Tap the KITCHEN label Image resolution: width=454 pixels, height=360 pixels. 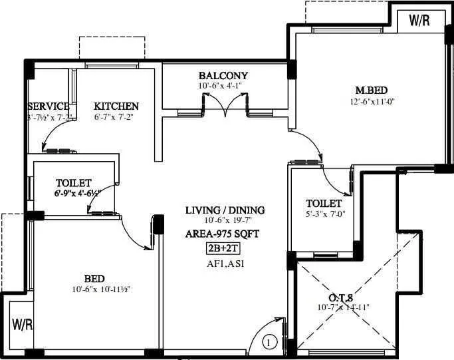116,106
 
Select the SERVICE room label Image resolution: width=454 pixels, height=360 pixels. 49,106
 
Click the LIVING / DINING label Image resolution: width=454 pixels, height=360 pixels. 225,210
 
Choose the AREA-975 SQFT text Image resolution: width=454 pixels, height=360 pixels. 223,234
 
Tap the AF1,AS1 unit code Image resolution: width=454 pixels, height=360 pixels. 224,264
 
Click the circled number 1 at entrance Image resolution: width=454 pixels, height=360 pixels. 269,343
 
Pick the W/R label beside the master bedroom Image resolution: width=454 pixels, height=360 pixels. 419,20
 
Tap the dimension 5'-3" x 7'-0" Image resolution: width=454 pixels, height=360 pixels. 326,214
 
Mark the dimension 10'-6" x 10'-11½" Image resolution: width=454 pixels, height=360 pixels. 95,289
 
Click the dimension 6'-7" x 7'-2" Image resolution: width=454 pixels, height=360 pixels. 116,117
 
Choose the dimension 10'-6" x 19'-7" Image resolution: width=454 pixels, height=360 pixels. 225,221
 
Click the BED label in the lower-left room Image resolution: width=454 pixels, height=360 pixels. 94,279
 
